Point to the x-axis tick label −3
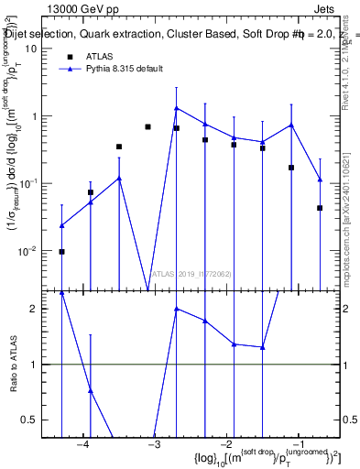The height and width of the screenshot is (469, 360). click(154, 445)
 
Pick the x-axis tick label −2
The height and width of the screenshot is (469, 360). click(225, 445)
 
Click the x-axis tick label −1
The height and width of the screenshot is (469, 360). click(297, 445)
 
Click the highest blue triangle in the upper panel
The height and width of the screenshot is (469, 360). click(176, 108)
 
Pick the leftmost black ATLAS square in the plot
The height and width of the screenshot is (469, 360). click(61, 251)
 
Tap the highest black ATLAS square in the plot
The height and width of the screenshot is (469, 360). click(147, 126)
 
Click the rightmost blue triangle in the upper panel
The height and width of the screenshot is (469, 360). click(320, 180)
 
